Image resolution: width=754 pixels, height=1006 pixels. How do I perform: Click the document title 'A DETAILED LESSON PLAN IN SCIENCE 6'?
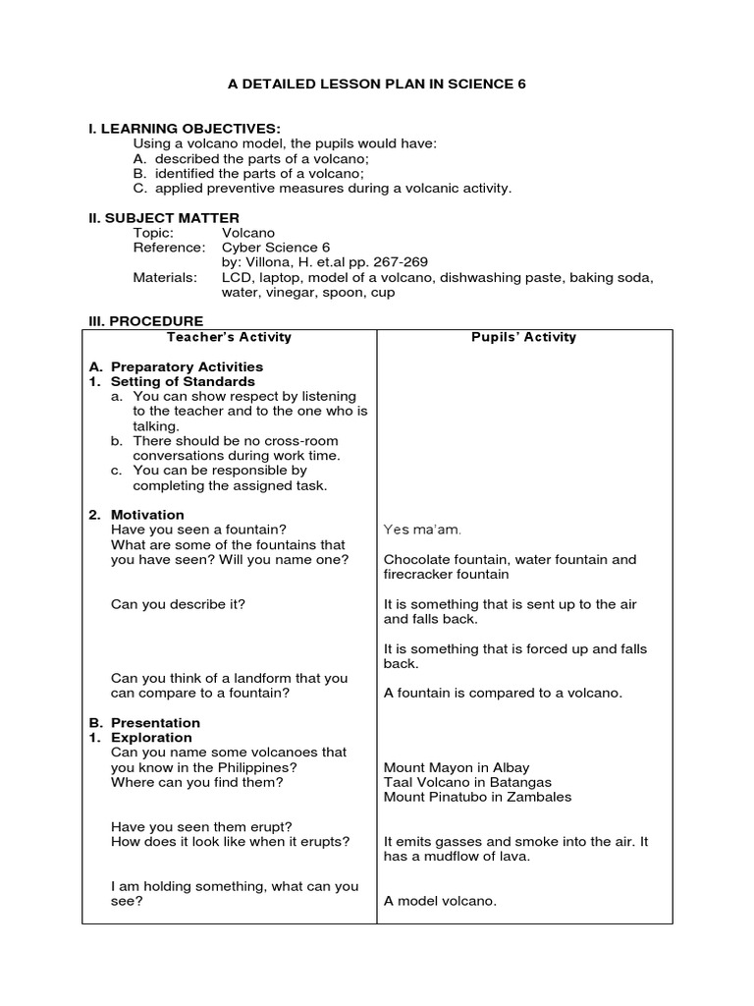[x=377, y=84]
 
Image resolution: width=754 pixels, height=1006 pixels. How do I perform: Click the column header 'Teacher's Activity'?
[x=230, y=337]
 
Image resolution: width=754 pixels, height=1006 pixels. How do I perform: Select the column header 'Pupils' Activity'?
[x=524, y=337]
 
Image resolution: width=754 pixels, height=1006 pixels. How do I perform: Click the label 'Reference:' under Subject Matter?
[x=169, y=248]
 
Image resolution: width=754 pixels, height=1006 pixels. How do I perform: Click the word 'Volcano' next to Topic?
[x=248, y=233]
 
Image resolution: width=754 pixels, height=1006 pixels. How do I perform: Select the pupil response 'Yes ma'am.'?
[x=421, y=531]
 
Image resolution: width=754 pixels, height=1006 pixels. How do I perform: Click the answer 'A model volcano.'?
[x=440, y=901]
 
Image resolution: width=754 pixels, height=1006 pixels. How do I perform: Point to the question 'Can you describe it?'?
[x=178, y=604]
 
